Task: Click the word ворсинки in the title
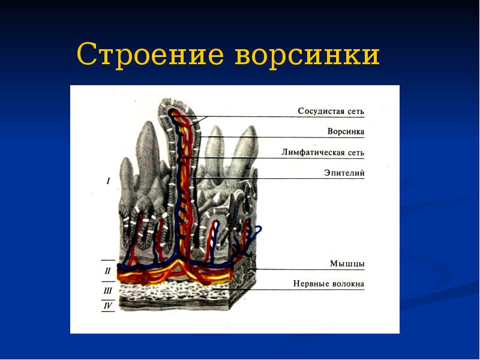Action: (x=307, y=56)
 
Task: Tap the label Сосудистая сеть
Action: (x=331, y=111)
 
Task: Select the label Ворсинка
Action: (x=346, y=131)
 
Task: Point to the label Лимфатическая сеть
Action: (x=323, y=152)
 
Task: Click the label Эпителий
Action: (x=344, y=173)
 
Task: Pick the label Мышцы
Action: (x=347, y=263)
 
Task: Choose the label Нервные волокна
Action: (x=329, y=284)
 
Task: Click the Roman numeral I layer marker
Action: (x=108, y=181)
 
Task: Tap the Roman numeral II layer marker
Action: (x=108, y=271)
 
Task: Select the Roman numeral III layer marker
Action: (x=108, y=291)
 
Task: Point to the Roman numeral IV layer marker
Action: (x=108, y=306)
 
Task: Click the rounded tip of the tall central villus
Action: (x=175, y=107)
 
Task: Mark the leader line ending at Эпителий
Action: (x=282, y=178)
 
